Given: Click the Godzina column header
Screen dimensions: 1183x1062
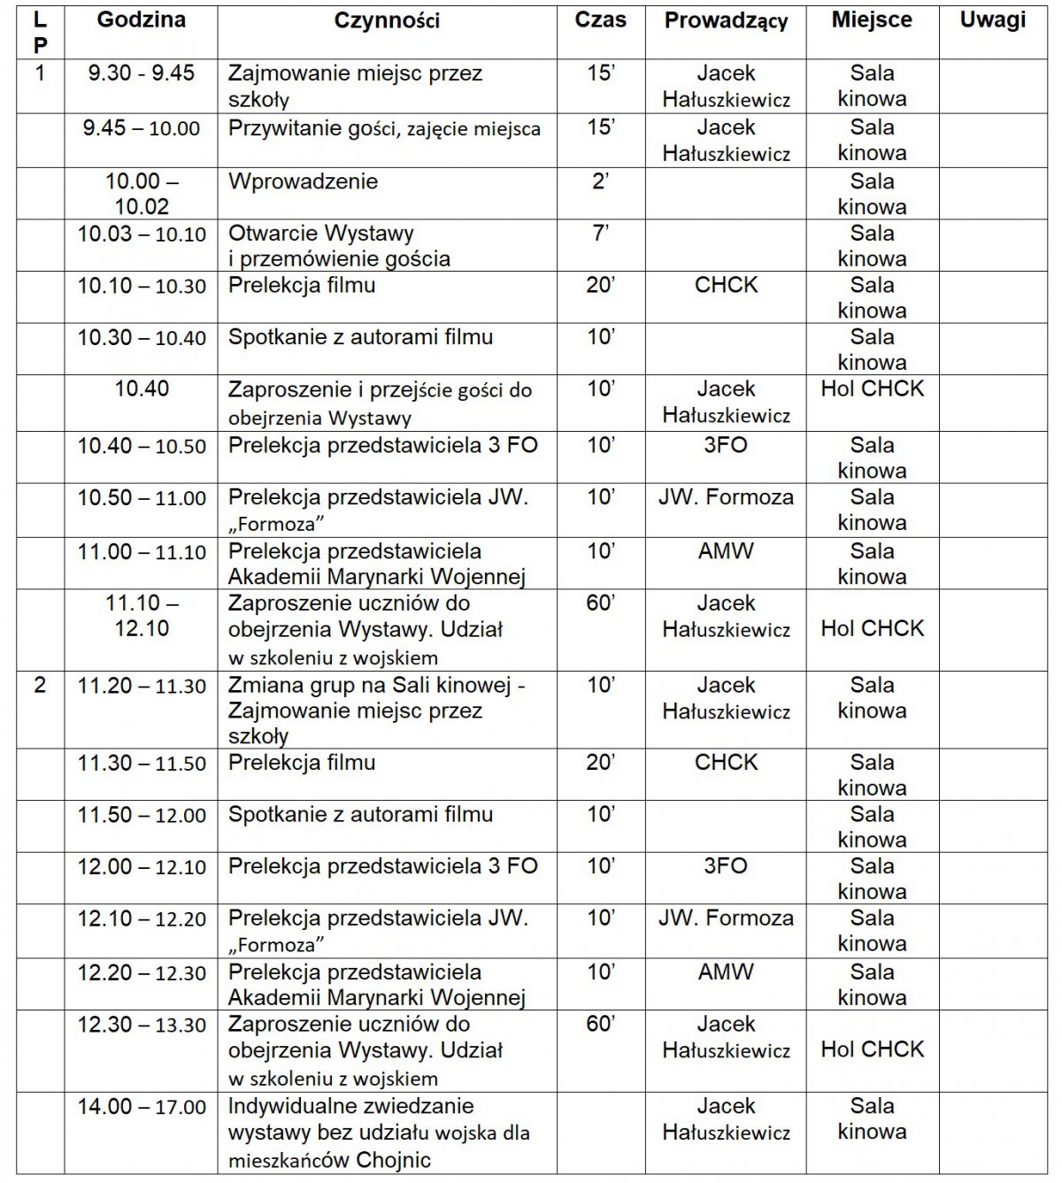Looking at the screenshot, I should [x=142, y=20].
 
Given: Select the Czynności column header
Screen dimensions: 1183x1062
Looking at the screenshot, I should [x=387, y=20].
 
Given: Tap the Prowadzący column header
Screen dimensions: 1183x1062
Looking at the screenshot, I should [x=726, y=20].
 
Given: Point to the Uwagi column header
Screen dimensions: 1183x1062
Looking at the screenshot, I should [x=993, y=20].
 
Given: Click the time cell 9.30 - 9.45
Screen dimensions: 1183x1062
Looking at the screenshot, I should [x=142, y=73].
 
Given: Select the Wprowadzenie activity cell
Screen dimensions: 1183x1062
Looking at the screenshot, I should [x=303, y=181].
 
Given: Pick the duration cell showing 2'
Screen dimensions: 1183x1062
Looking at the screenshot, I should [x=600, y=181].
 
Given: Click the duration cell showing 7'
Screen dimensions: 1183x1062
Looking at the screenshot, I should [x=600, y=234].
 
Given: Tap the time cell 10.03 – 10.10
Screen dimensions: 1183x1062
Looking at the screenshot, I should [x=142, y=234].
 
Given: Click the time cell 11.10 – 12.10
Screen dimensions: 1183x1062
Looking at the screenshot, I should [x=142, y=616].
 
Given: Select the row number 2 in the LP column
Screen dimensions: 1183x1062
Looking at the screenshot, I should [x=39, y=685].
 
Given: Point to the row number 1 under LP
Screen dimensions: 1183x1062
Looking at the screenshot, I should [x=39, y=73].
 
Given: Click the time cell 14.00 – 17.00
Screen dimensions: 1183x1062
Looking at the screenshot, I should [x=142, y=1106].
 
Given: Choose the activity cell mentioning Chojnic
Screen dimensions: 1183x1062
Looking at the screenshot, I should [x=379, y=1133].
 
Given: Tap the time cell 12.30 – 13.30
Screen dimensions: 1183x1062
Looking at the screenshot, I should [x=142, y=1025].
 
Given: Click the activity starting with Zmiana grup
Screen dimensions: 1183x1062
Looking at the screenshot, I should [x=376, y=710].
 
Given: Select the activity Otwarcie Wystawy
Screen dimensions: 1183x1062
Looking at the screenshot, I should [x=339, y=246].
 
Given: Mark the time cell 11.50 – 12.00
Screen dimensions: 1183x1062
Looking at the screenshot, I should [x=142, y=815].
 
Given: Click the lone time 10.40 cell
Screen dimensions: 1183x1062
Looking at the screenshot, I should [x=142, y=388].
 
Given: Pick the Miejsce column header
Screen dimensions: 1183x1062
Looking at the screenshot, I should [x=872, y=20].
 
